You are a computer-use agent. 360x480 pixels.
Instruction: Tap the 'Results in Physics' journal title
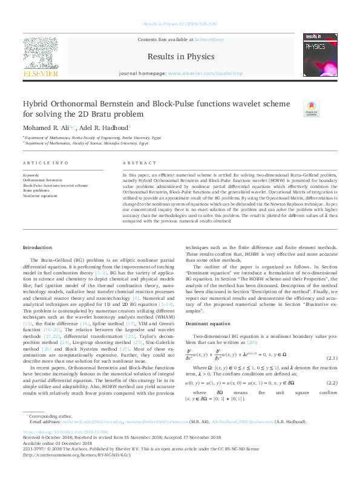pyautogui.click(x=180, y=57)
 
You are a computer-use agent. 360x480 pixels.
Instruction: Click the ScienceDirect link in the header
pyautogui.click(x=209, y=39)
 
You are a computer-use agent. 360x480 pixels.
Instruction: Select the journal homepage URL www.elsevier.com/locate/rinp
pyautogui.click(x=200, y=73)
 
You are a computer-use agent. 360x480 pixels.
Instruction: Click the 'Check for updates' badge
pyautogui.click(x=311, y=109)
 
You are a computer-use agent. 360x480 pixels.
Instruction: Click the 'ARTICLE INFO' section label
pyautogui.click(x=45, y=164)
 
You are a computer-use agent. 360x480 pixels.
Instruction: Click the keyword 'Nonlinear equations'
pyautogui.click(x=39, y=196)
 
